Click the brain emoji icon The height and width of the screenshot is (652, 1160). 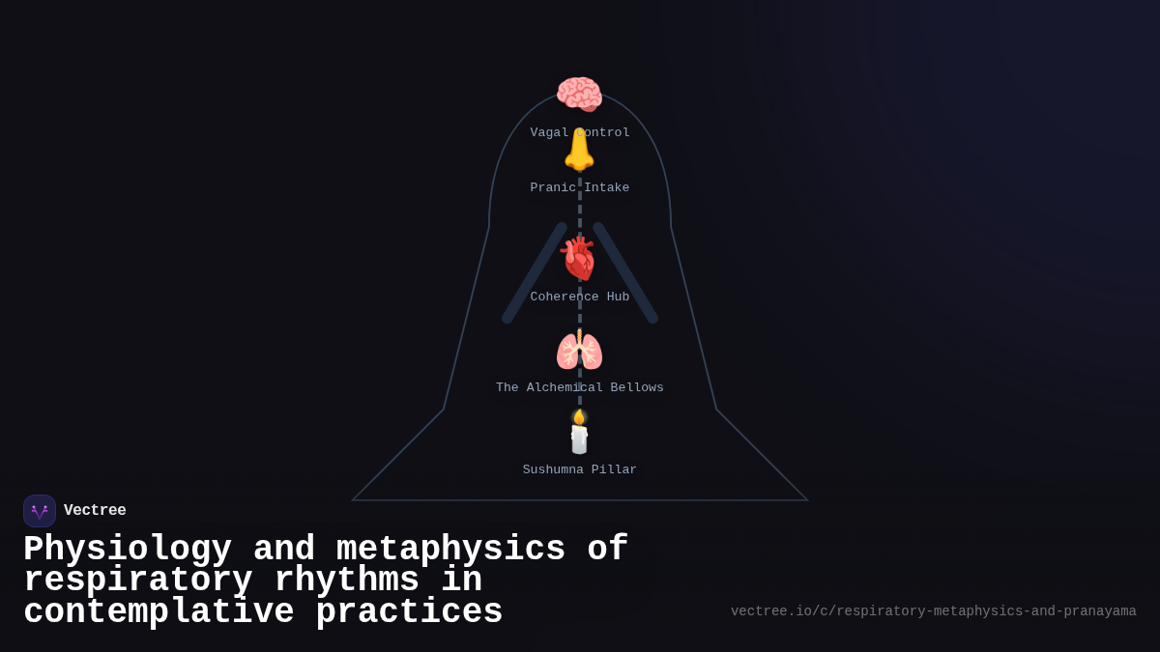click(579, 95)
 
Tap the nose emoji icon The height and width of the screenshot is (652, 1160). click(579, 151)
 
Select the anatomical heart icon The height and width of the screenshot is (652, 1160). click(579, 259)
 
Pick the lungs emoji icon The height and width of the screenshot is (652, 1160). click(579, 351)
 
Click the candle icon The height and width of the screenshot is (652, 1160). click(579, 437)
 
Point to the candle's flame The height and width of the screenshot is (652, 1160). click(579, 416)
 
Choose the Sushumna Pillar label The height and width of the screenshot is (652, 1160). click(580, 469)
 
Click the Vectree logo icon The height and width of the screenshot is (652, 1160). click(40, 511)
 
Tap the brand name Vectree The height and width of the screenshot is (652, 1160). click(95, 510)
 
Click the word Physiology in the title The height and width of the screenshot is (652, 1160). click(127, 550)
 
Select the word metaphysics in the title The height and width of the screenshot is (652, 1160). click(449, 550)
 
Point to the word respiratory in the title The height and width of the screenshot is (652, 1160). click(137, 581)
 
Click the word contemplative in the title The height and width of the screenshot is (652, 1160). click(159, 612)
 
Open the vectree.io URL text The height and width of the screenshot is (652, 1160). click(933, 611)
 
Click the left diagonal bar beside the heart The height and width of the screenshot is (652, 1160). click(534, 272)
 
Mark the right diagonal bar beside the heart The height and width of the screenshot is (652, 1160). click(625, 272)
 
